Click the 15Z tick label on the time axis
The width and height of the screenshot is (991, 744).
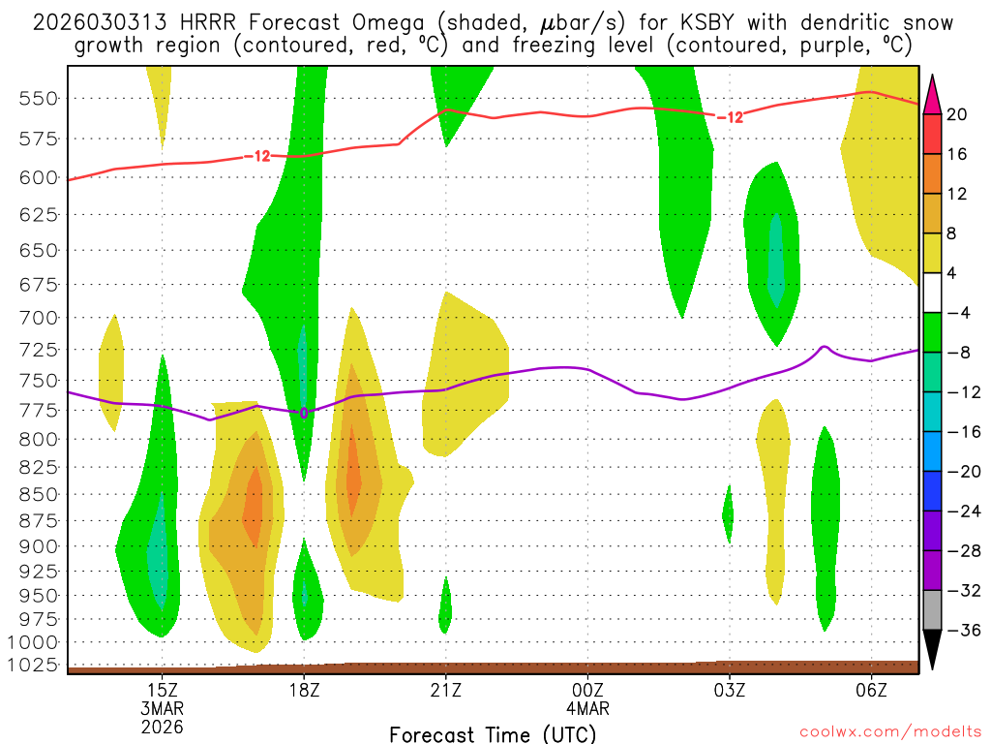[163, 690]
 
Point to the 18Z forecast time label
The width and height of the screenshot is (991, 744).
[304, 690]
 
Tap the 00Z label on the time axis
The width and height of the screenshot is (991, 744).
[587, 690]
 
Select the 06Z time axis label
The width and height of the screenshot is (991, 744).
[871, 690]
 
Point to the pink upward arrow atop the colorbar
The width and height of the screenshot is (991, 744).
[932, 94]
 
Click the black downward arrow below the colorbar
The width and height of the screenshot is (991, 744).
[932, 650]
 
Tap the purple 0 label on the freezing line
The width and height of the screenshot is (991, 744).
[304, 413]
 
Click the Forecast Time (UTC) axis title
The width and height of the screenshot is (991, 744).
[492, 733]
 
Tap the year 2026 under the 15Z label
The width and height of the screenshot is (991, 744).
[163, 726]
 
